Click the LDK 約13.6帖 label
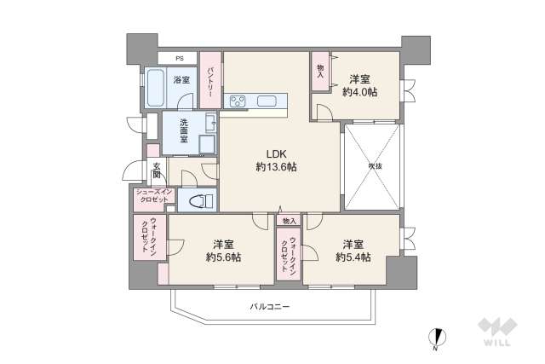coord(274,161)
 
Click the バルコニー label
coord(270,305)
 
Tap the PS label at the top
coord(179,58)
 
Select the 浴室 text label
coord(181,80)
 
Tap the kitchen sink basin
coord(266,102)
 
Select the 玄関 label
coord(157,170)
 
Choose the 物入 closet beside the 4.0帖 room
coord(320,71)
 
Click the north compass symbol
coord(437,338)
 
